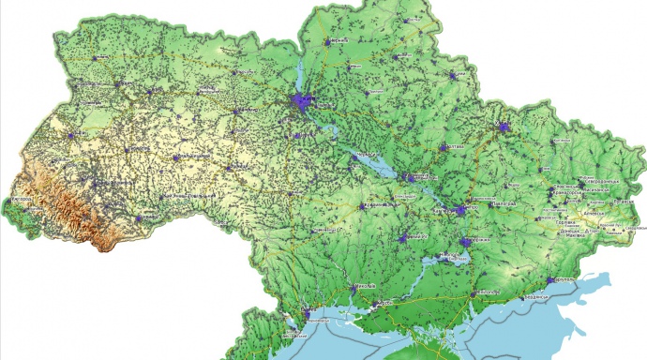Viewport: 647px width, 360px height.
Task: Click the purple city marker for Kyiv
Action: click(302, 102)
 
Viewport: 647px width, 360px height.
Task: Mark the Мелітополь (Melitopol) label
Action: click(489, 291)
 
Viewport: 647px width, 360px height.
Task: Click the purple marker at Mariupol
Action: click(551, 279)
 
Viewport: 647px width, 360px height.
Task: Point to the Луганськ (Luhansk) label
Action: click(623, 201)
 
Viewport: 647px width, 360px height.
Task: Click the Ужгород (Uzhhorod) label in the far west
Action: click(19, 201)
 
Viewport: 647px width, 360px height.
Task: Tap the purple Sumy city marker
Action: click(457, 75)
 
